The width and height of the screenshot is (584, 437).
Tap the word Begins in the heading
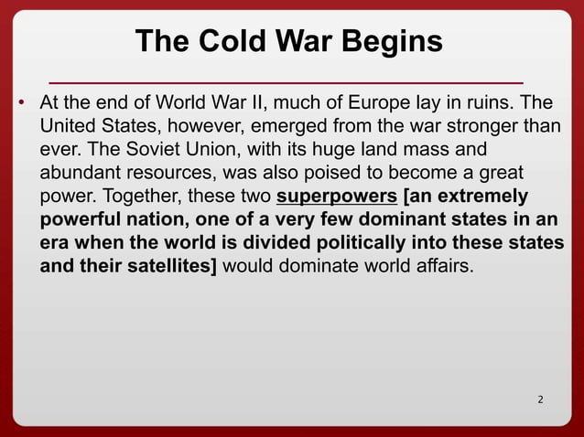click(394, 41)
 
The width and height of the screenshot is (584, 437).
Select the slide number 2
click(540, 400)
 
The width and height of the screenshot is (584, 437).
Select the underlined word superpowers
click(336, 197)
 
